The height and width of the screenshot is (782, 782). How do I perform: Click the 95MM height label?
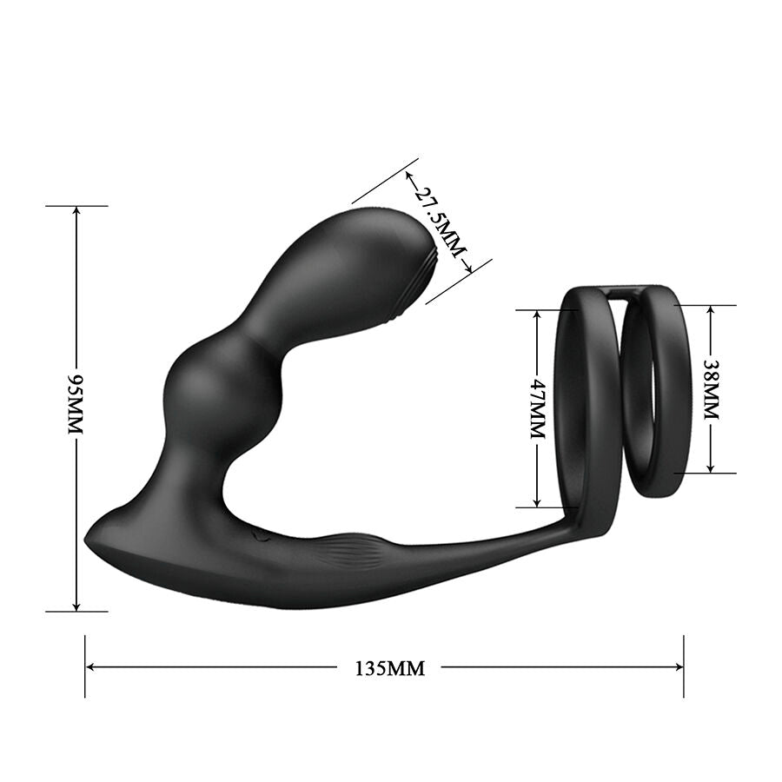[76, 406]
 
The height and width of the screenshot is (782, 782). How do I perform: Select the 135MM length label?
[390, 668]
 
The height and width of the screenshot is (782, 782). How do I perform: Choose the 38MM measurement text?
[711, 389]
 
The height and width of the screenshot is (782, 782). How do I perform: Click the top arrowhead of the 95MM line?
[76, 211]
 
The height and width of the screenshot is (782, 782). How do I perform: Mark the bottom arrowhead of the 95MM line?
[76, 606]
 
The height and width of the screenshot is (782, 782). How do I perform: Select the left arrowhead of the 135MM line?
[90, 667]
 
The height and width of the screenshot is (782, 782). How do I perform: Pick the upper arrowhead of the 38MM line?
[711, 310]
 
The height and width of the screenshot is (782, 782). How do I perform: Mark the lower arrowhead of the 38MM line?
[711, 468]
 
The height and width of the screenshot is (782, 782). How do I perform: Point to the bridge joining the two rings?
[623, 293]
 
